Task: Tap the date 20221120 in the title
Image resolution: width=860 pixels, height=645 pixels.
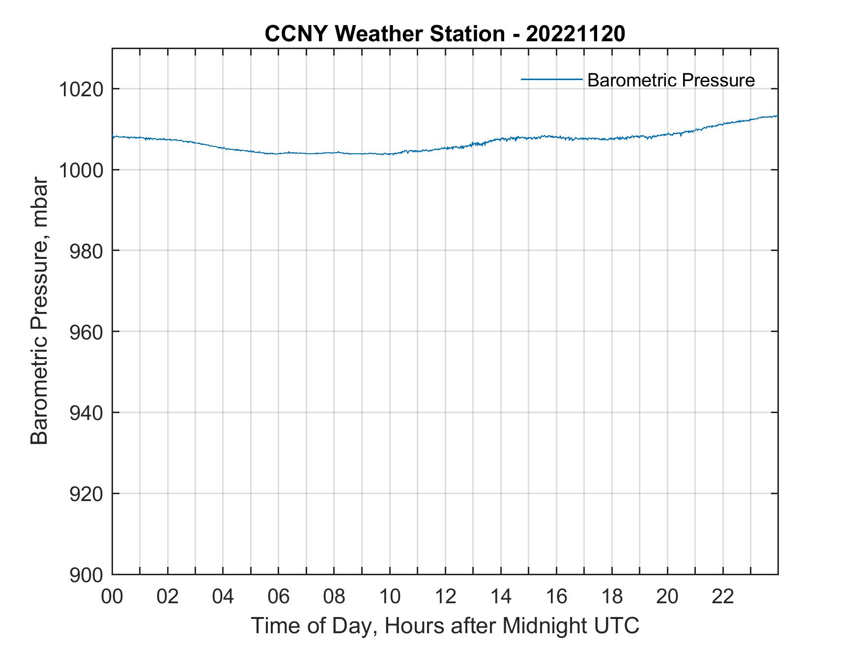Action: (575, 34)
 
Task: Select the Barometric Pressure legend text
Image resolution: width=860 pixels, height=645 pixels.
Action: (671, 80)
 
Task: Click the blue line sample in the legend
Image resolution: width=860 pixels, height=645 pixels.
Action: (551, 79)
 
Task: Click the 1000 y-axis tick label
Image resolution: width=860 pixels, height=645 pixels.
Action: (81, 170)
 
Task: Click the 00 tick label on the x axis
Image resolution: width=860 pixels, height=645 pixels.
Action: (112, 596)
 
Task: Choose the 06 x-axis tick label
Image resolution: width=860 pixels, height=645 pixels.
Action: (279, 596)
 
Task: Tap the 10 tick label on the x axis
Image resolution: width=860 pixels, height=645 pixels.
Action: (390, 596)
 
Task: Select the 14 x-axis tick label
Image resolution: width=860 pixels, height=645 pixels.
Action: (501, 596)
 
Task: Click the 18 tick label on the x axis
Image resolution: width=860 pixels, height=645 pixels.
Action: (612, 596)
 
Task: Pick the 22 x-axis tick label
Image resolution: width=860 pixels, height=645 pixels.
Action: (723, 596)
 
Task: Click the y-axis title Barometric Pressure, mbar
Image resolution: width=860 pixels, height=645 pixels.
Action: (39, 311)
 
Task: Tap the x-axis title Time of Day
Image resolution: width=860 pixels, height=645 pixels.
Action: (445, 626)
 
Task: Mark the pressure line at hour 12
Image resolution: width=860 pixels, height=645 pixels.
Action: (445, 148)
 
